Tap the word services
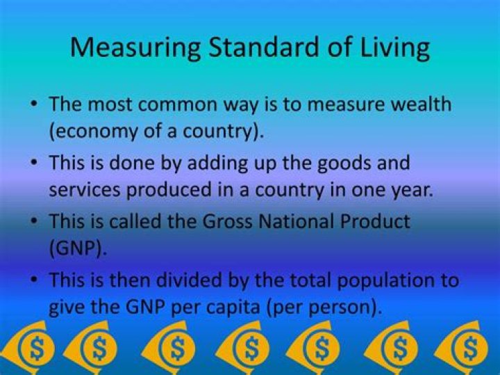[x=85, y=190]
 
